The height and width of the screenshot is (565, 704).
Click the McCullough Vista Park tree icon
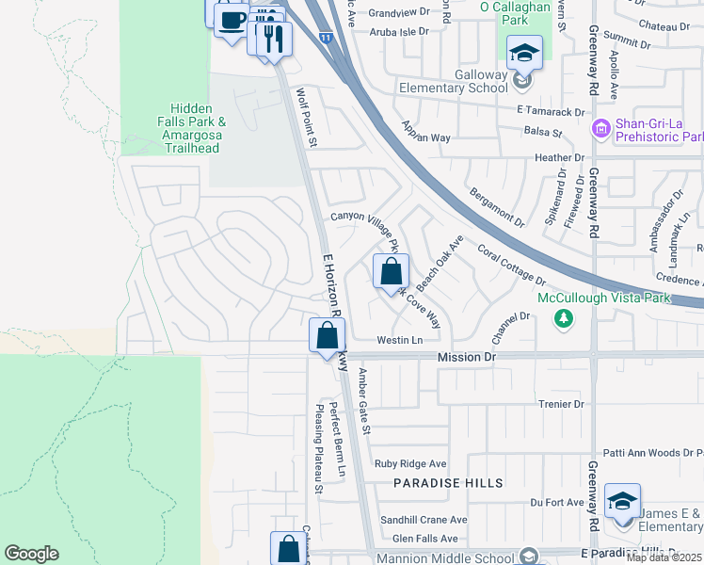(564, 319)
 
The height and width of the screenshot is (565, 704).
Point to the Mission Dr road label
(466, 358)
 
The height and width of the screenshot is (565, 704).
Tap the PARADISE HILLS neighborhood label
(449, 482)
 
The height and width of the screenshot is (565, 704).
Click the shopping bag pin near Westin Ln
(327, 336)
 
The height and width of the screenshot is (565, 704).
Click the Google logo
(31, 554)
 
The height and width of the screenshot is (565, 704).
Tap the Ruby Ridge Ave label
(410, 463)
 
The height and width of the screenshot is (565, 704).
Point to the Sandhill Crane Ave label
(424, 519)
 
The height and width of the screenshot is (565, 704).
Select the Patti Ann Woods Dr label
(654, 453)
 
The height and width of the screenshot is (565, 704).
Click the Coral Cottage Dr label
(511, 266)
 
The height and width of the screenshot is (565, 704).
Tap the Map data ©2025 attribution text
(664, 557)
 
